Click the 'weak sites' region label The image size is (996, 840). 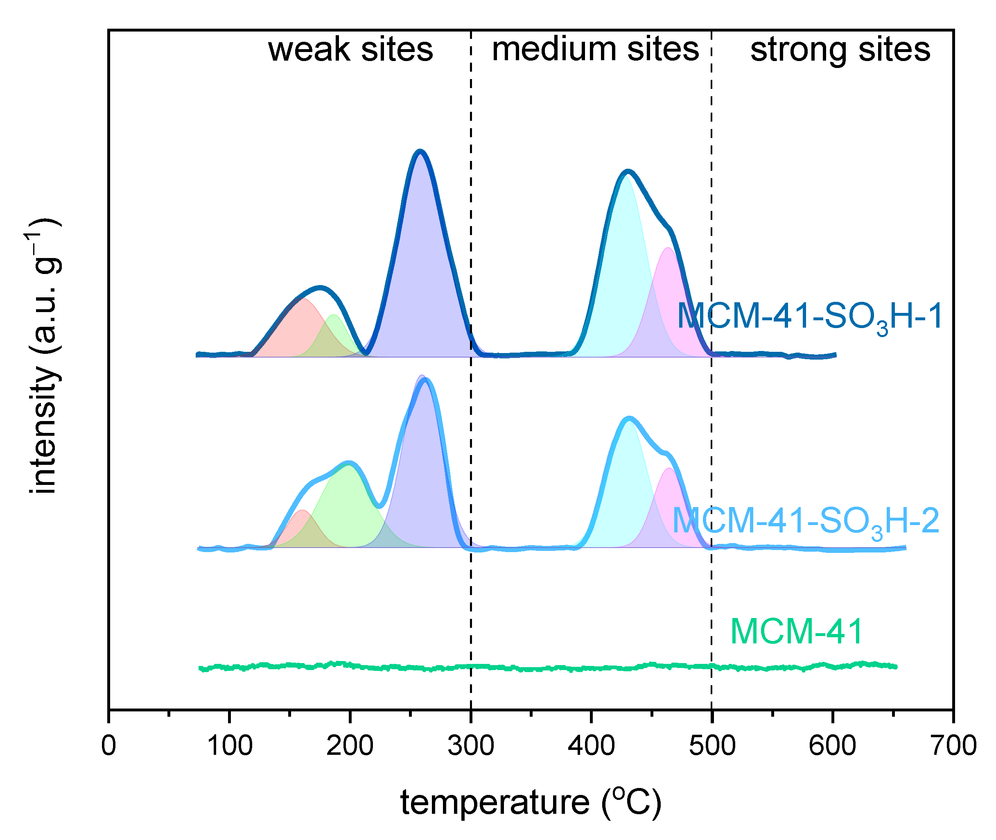[x=350, y=50]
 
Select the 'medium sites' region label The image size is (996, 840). [x=595, y=50]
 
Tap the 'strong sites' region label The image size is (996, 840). [x=840, y=50]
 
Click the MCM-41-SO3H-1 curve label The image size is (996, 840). [x=809, y=317]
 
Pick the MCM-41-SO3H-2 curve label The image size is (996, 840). [x=805, y=521]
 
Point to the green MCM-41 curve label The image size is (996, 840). [x=796, y=632]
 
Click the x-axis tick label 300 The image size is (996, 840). [x=471, y=745]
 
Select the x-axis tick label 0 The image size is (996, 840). [x=109, y=745]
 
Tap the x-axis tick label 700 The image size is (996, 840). [x=953, y=745]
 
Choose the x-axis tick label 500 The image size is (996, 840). [x=712, y=745]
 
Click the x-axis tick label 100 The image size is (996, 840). [x=229, y=745]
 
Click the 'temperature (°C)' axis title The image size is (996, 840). [x=531, y=803]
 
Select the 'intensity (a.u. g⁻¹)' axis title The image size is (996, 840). [x=44, y=356]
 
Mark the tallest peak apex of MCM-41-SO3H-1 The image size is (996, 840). [x=419, y=152]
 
